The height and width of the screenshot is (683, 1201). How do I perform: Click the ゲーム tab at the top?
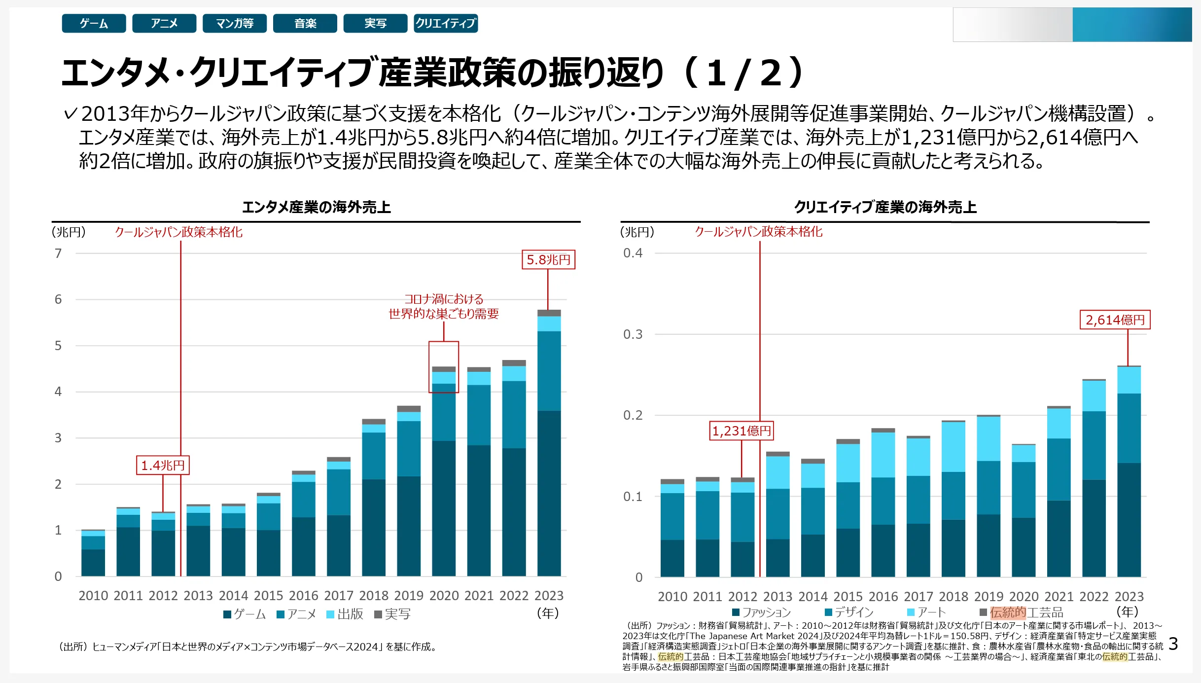[x=94, y=23]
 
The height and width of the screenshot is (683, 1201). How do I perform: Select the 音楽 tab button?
[x=305, y=23]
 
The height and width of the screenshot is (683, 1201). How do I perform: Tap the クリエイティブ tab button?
[x=446, y=23]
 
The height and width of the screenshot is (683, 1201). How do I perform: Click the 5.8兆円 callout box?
[x=548, y=259]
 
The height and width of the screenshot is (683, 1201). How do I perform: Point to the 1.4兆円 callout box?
[x=163, y=465]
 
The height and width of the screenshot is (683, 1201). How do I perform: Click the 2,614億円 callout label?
[x=1115, y=320]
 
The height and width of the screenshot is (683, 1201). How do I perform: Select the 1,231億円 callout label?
[x=742, y=431]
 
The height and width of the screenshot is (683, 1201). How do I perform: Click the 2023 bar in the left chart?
[x=549, y=444]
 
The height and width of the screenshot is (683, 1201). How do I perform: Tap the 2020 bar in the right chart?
[x=1024, y=511]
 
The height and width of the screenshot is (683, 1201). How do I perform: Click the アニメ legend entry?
[x=296, y=614]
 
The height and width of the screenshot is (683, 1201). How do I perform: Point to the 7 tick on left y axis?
[x=58, y=253]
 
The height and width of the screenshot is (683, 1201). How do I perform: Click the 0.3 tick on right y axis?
[x=633, y=334]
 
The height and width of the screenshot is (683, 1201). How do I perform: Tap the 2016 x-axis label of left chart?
[x=303, y=596]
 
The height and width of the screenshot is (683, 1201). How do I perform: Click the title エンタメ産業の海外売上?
[x=316, y=207]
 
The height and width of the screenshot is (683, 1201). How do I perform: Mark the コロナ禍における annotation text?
[x=444, y=299]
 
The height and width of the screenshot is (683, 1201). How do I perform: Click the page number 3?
[x=1173, y=644]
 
